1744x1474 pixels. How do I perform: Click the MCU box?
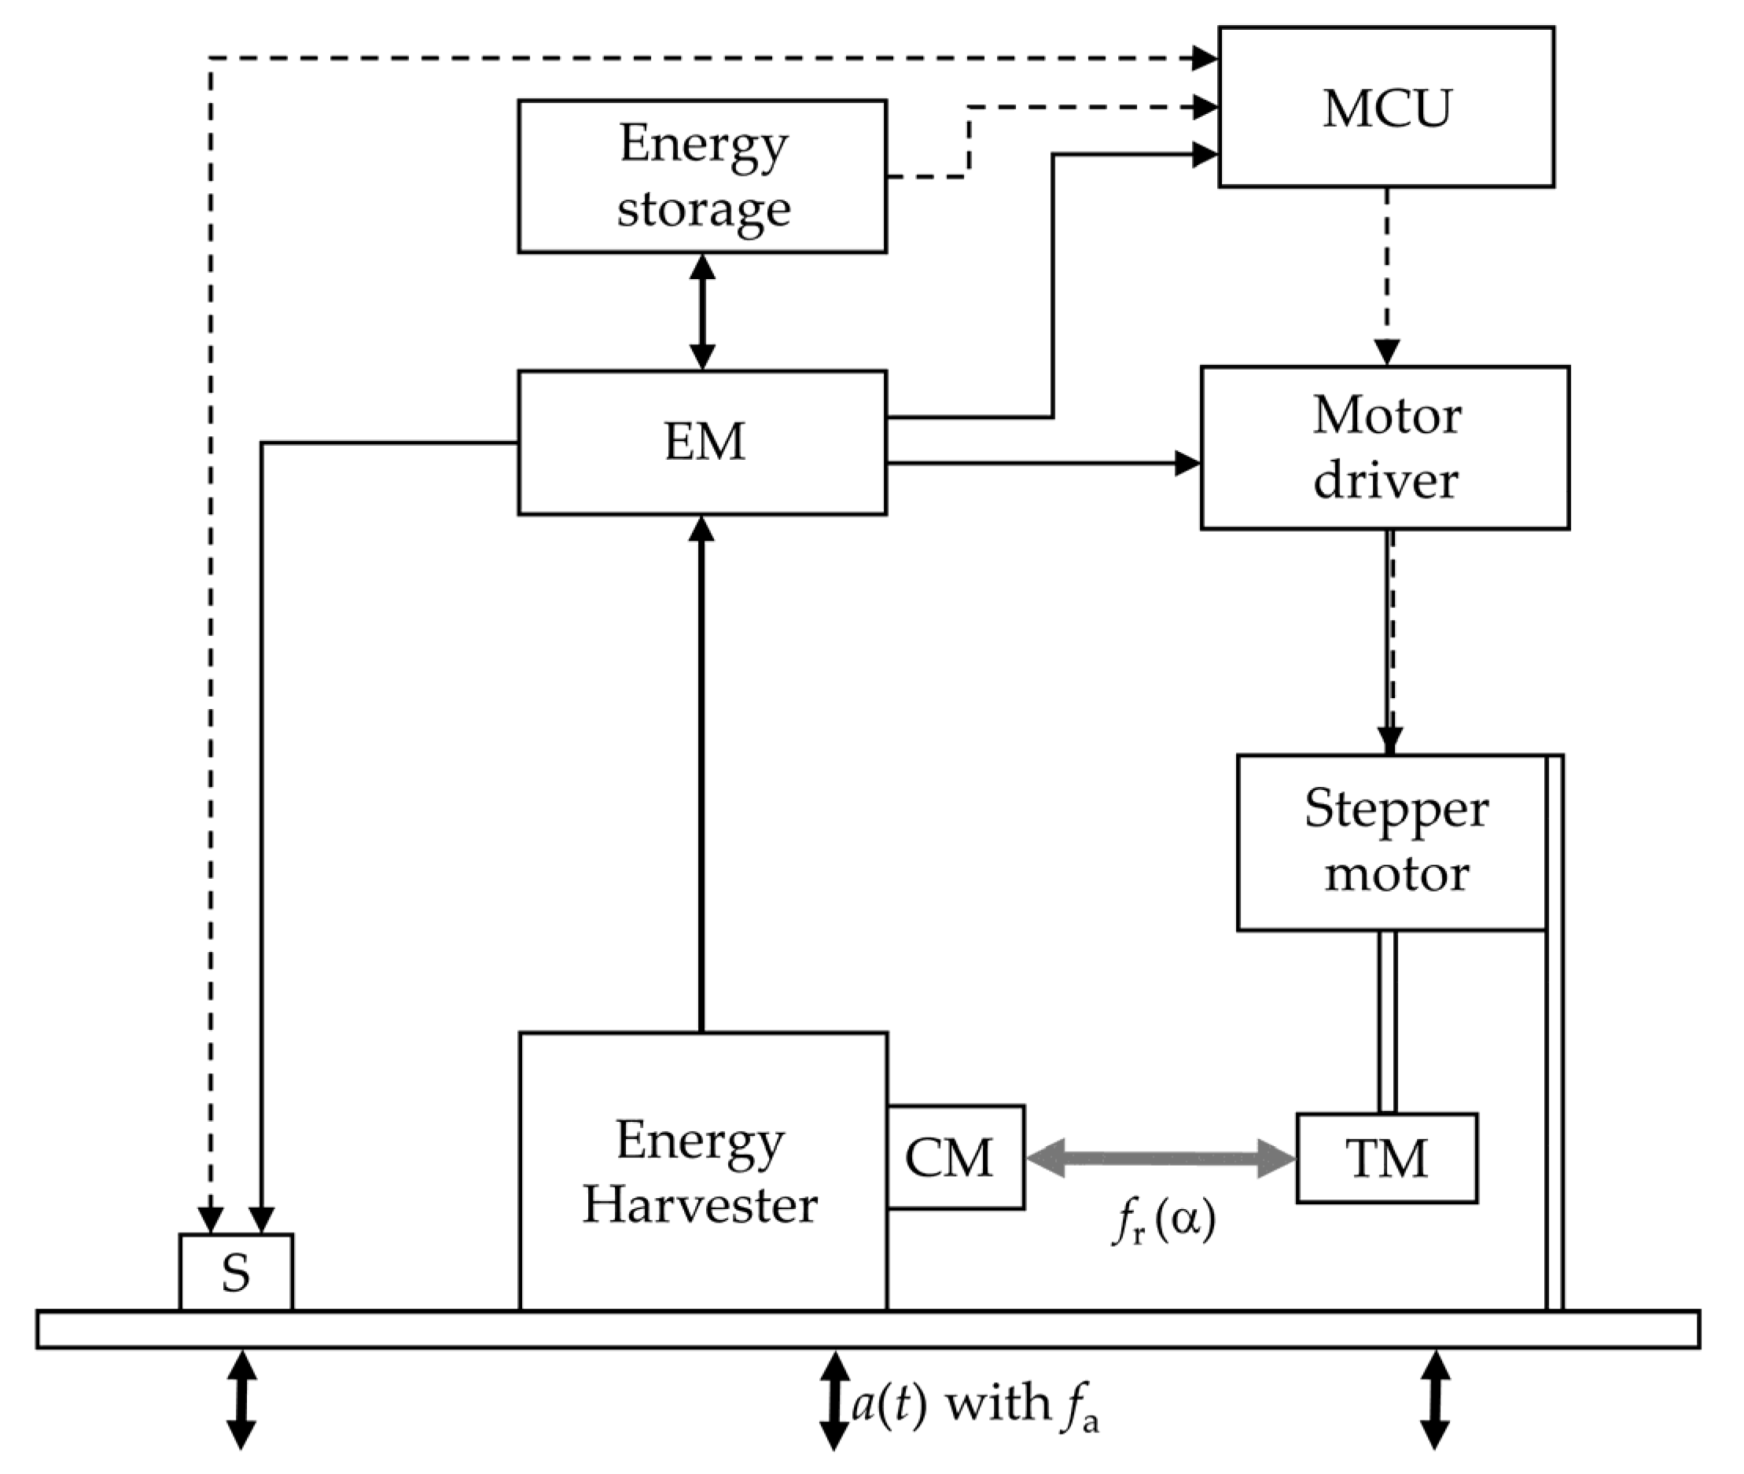point(1385,107)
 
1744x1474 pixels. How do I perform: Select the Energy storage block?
point(702,176)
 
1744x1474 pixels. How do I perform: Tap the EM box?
point(702,442)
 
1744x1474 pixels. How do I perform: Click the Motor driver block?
point(1385,447)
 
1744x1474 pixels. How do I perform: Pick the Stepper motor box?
point(1392,842)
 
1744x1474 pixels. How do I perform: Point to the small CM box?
point(955,1157)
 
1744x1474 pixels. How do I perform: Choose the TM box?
point(1386,1158)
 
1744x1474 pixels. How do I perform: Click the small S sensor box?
point(236,1273)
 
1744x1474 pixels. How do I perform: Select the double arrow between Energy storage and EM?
point(702,311)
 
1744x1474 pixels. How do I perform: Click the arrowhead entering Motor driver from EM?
point(1187,463)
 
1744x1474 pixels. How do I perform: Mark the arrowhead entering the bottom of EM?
point(702,529)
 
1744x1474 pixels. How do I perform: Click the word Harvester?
point(701,1205)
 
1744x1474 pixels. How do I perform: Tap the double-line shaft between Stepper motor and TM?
point(1387,1021)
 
